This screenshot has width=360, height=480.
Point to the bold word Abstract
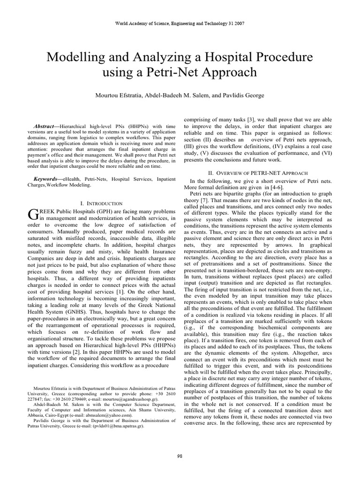coord(45,127)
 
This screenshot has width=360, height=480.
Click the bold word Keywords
coord(47,179)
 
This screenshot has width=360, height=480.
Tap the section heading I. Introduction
coord(102,203)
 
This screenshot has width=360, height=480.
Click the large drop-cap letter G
coord(33,214)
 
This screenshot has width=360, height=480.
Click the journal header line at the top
coord(180,23)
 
